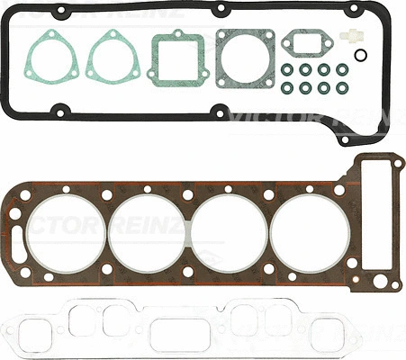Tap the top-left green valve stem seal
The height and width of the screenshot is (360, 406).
(287, 69)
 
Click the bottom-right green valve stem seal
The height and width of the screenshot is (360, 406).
(343, 88)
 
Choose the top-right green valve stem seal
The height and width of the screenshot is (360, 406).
(343, 69)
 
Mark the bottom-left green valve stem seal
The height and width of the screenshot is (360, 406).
(287, 88)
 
